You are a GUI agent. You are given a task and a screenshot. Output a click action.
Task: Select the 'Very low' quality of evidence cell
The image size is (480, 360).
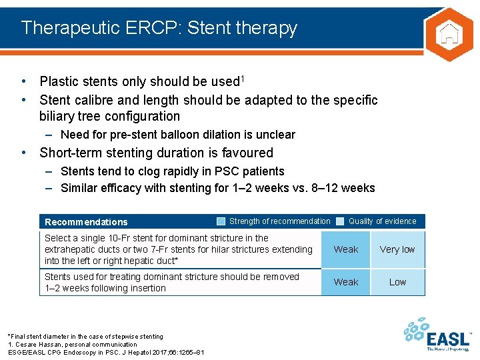pos(397,249)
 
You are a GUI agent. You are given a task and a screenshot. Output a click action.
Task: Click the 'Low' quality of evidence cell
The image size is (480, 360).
pos(397,282)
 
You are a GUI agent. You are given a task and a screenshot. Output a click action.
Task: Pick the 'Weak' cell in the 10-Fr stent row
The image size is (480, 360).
pos(345,249)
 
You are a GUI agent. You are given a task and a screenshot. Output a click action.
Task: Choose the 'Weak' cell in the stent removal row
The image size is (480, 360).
pos(345,282)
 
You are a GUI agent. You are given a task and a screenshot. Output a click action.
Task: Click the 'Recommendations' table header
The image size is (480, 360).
pos(85,222)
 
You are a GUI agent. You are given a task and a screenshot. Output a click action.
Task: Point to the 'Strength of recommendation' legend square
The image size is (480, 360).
pos(221,221)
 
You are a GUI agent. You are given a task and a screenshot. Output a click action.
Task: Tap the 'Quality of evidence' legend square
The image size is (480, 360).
pos(340,221)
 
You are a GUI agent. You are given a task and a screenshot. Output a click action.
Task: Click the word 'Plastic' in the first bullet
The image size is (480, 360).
pos(60,82)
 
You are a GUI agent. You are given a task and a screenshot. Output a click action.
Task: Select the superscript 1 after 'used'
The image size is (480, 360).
pos(243,79)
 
